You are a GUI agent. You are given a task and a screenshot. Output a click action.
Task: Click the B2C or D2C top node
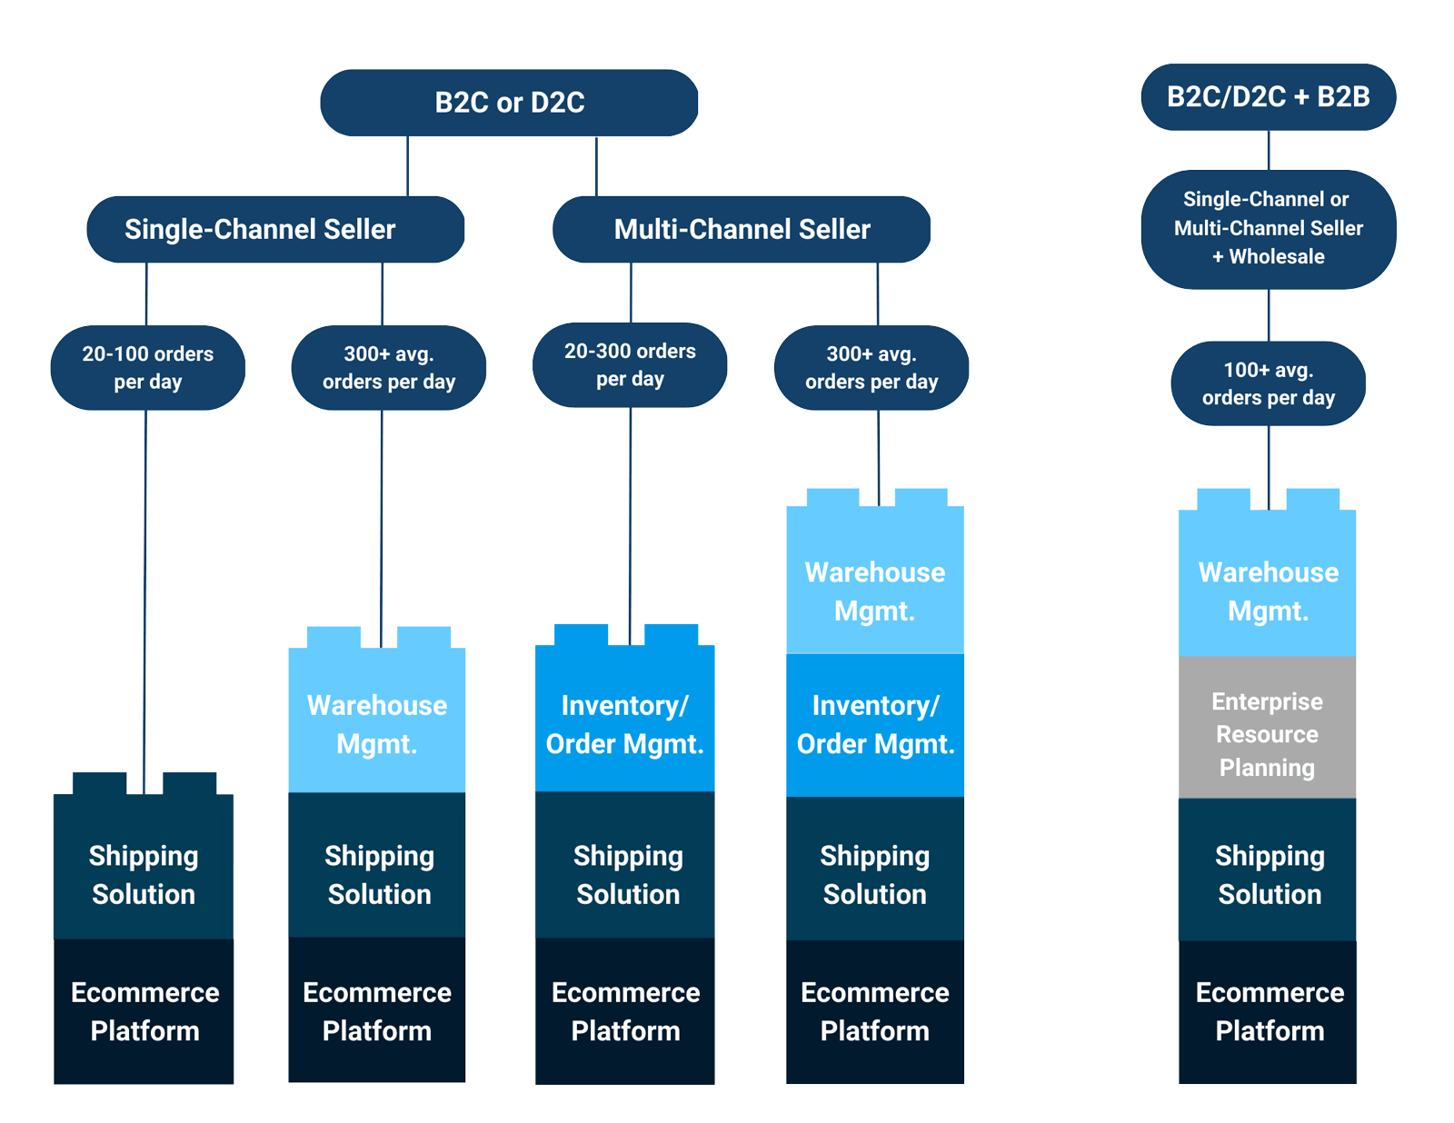509,103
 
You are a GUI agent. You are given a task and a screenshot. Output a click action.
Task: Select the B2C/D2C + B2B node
1268,97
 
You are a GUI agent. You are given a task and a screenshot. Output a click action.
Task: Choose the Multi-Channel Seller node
742,229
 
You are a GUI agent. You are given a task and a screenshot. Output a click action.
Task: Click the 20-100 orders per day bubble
147,367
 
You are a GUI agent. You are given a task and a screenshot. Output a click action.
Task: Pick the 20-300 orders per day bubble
630,364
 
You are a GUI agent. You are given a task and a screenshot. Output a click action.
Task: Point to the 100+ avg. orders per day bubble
1268,383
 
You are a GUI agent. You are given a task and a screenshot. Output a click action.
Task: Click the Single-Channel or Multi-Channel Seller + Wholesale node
1268,228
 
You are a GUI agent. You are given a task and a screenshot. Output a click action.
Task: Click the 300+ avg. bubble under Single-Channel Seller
388,367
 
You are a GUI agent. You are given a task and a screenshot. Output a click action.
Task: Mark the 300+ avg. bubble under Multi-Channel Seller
871,367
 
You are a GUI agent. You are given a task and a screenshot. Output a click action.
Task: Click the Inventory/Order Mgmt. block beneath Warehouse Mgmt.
875,725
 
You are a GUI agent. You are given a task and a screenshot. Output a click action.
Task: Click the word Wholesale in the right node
1277,257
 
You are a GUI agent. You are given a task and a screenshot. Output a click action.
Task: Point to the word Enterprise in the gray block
1267,701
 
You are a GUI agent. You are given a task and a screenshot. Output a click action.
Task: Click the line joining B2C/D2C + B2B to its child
1269,151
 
